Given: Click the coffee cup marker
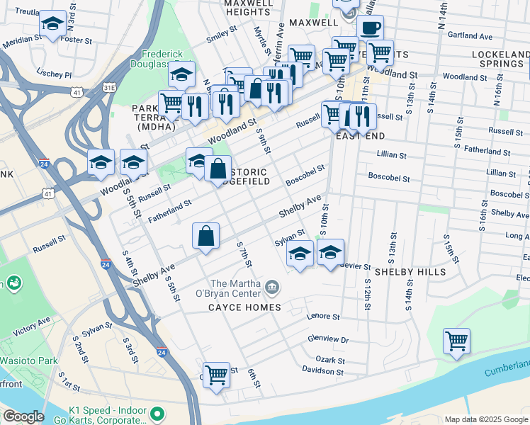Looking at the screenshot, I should point(370,29).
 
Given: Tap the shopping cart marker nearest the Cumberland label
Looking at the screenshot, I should point(457,341).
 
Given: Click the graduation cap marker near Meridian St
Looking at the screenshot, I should point(52,25).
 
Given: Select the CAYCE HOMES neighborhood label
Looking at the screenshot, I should point(244,307).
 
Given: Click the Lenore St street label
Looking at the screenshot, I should point(323,317).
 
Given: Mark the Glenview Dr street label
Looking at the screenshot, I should point(330,340).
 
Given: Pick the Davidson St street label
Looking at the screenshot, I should point(322,370).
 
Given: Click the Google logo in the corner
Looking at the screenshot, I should point(23,416).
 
